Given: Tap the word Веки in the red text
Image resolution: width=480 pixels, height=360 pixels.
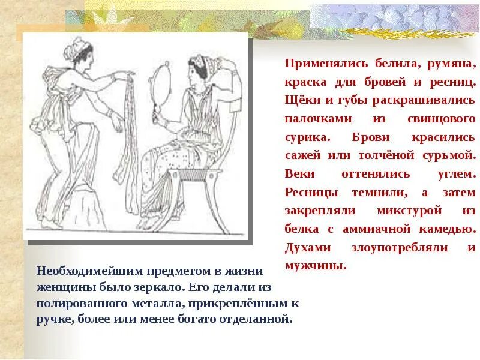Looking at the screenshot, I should (x=299, y=174).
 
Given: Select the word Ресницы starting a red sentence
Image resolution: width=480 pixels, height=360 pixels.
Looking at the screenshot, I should (x=311, y=193).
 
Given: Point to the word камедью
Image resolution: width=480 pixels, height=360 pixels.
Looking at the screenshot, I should (x=445, y=229).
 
